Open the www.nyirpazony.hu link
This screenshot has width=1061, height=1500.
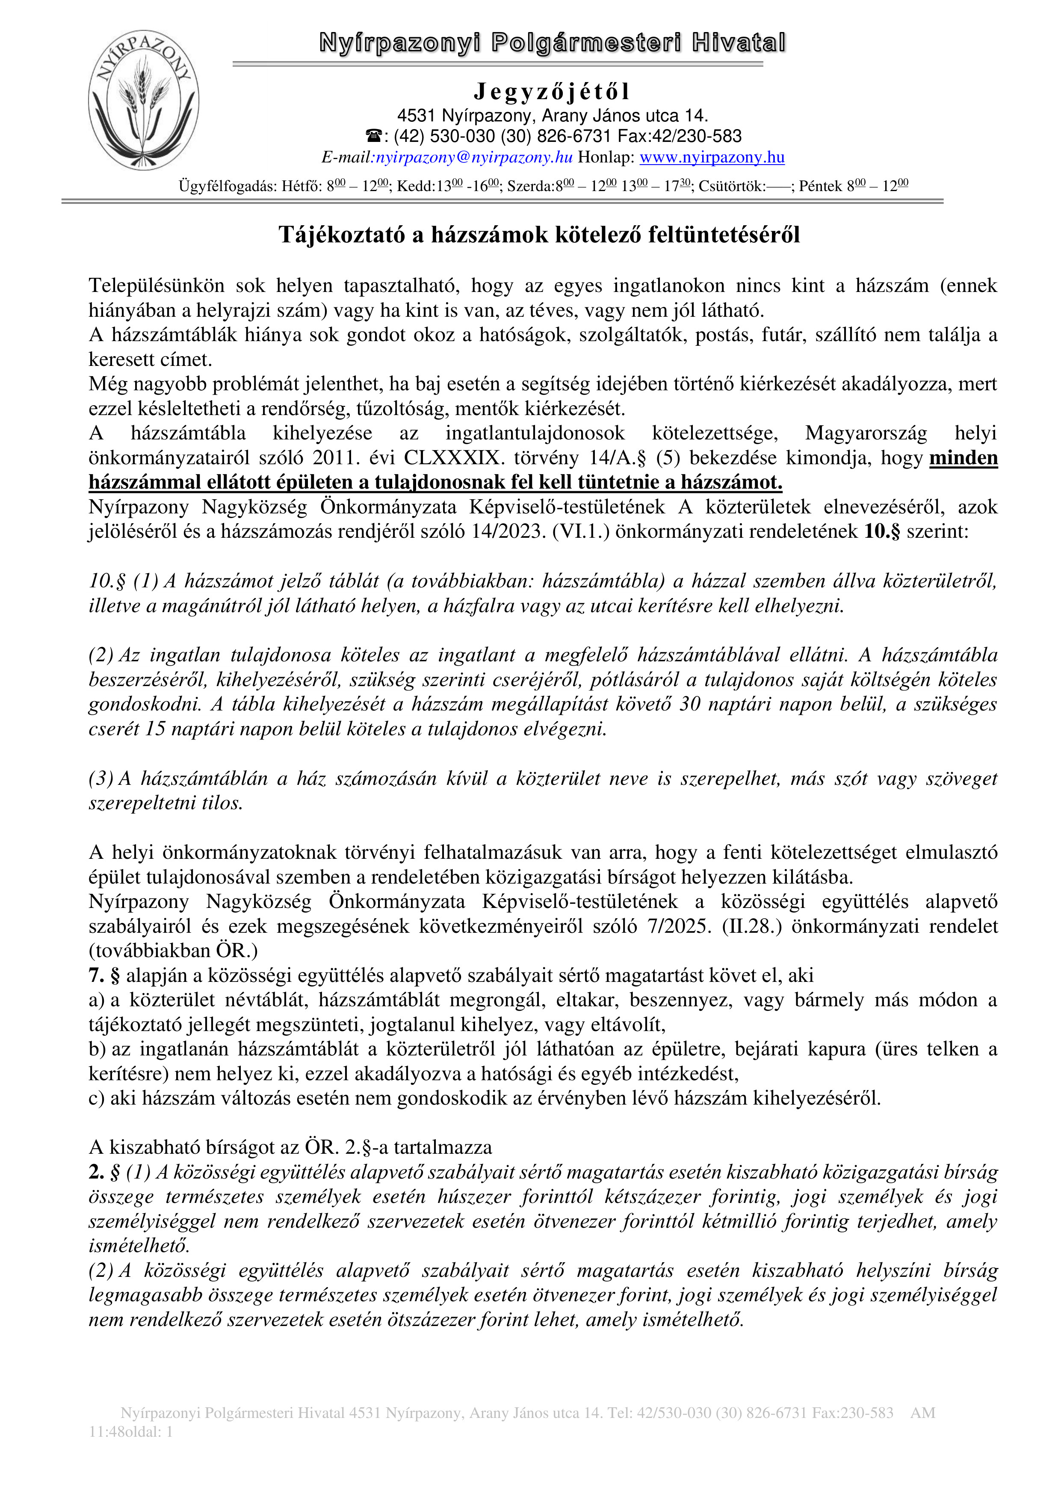pos(712,157)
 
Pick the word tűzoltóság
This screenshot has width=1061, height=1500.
pos(403,409)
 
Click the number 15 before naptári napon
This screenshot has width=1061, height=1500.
pos(155,728)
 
